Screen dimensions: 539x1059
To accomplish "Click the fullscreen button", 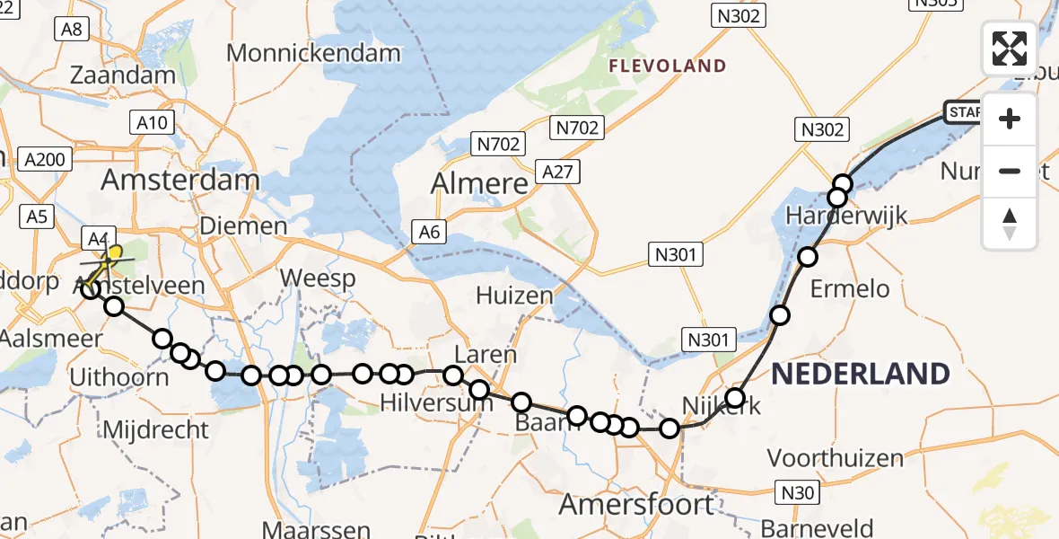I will (x=1010, y=49).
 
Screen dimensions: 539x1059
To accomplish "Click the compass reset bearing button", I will (x=1010, y=224).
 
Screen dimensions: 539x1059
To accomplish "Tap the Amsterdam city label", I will (x=179, y=180).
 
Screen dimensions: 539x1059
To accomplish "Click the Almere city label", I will (x=479, y=183).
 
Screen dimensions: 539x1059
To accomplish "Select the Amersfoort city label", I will (x=636, y=504).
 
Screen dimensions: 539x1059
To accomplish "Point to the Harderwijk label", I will (x=846, y=216).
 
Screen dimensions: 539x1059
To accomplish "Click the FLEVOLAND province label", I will (x=667, y=66).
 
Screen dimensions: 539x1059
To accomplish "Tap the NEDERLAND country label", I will (x=860, y=374).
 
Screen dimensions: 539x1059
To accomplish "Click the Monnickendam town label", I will (x=313, y=53).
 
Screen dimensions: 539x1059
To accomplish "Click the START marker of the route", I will (x=962, y=112).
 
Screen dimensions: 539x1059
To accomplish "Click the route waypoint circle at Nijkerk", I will (x=735, y=398).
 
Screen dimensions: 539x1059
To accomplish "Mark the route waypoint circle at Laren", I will (x=453, y=376).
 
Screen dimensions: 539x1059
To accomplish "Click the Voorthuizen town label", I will (x=836, y=458).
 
